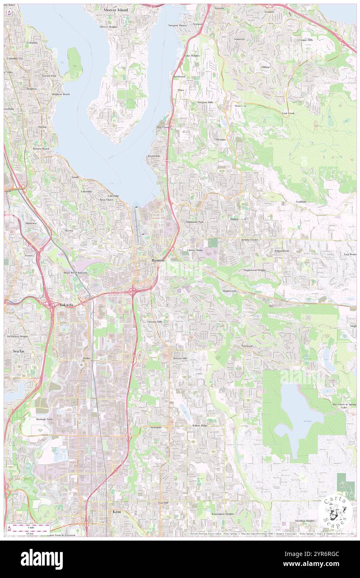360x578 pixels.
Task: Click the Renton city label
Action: point(158,260)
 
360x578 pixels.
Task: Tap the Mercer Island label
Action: point(116,10)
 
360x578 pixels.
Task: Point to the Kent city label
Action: point(117,512)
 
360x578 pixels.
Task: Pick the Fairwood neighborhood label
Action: point(247,346)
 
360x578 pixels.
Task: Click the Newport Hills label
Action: point(205,102)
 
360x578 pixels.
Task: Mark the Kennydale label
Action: point(154,156)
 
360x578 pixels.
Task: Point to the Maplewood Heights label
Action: point(254,270)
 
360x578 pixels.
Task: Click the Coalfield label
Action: point(301,201)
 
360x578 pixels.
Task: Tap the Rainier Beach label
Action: point(41,148)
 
